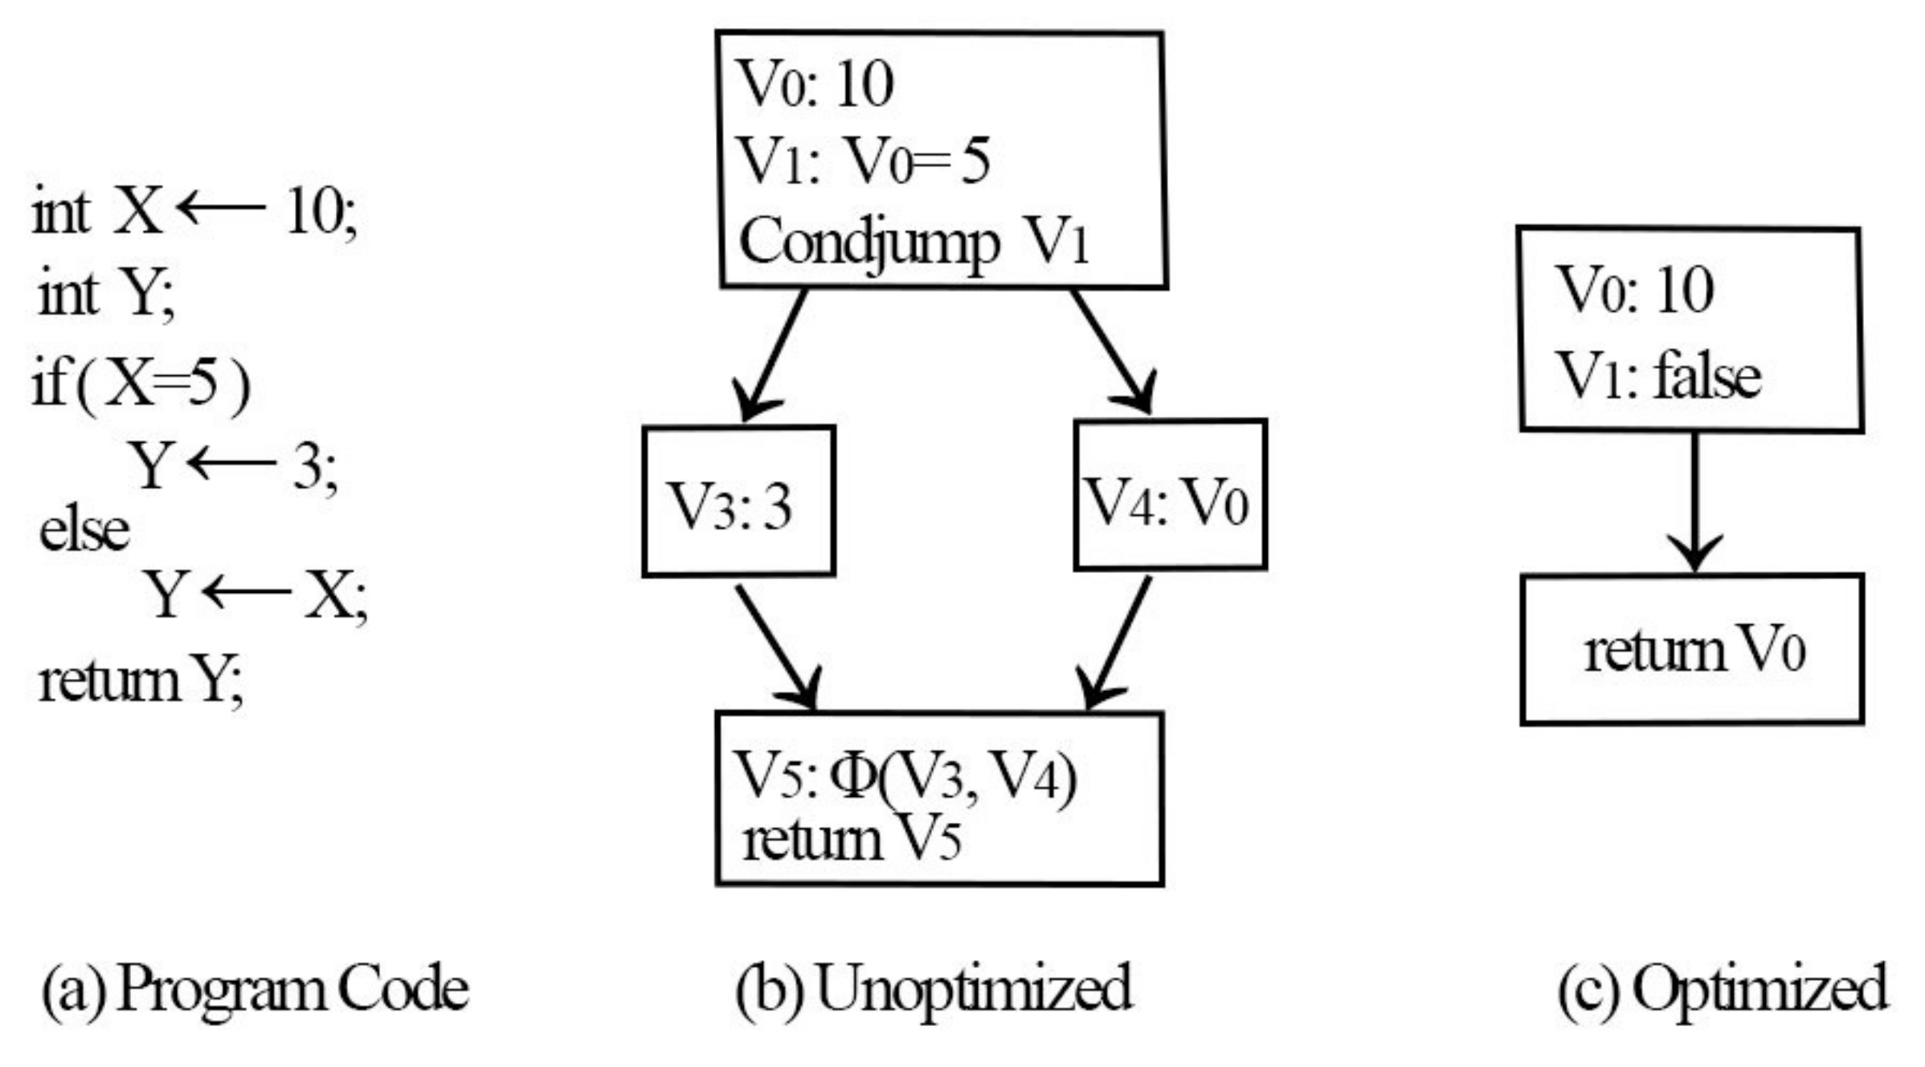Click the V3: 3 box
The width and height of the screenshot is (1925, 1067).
(738, 501)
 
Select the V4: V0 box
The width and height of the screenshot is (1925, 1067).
(1170, 495)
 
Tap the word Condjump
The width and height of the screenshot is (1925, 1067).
(868, 242)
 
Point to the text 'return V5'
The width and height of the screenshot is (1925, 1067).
(851, 840)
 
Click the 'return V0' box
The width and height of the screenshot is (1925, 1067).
(1691, 649)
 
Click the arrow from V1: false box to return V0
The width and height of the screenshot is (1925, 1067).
(1694, 502)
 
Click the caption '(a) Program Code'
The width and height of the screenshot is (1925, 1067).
(255, 989)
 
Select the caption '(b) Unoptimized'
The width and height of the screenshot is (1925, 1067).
(933, 989)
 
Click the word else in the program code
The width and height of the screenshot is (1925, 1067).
(84, 530)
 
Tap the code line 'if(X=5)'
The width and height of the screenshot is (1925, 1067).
(141, 384)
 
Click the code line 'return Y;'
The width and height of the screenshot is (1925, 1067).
(141, 681)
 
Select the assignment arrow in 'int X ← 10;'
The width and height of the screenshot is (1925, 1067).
(221, 208)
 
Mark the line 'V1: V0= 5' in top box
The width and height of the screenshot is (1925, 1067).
(864, 161)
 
